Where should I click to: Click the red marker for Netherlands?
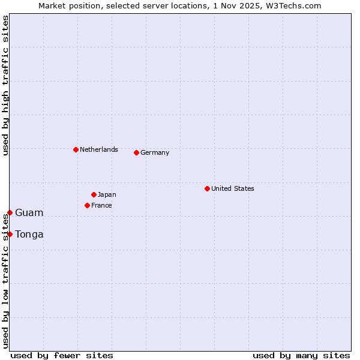click(76, 149)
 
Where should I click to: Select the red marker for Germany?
click(136, 152)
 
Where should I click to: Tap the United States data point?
click(207, 188)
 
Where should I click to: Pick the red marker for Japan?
click(94, 194)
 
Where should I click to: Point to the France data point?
click(87, 205)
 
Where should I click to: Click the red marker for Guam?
click(10, 212)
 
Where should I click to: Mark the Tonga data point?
click(10, 234)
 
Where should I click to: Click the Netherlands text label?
click(99, 149)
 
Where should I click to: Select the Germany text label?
click(155, 152)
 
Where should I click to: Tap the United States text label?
click(233, 188)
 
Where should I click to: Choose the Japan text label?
click(107, 194)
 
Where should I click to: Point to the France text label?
click(101, 205)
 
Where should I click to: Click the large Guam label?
click(29, 212)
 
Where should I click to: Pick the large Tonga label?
click(29, 234)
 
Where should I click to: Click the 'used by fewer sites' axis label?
click(62, 355)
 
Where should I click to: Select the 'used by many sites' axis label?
click(301, 355)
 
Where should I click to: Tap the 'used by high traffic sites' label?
click(5, 85)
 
